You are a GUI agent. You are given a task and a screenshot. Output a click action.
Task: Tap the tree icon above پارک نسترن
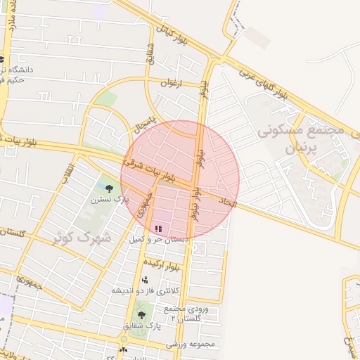pyautogui.click(x=108, y=188)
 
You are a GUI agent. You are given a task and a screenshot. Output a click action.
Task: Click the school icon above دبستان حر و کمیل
pyautogui.click(x=158, y=229)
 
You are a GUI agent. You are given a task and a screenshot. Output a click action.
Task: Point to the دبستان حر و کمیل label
pyautogui.click(x=157, y=240)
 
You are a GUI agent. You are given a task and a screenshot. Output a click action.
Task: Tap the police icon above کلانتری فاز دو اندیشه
pyautogui.click(x=145, y=281)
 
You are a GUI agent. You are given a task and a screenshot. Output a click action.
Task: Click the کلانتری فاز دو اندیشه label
pyautogui.click(x=146, y=290)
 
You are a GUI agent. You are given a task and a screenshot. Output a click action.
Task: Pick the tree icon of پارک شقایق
pyautogui.click(x=141, y=314)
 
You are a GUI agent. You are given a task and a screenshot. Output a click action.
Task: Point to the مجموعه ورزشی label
pyautogui.click(x=190, y=345)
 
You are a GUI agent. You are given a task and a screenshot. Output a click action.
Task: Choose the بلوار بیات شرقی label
pyautogui.click(x=149, y=170)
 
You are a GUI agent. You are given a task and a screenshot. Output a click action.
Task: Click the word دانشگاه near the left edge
pyautogui.click(x=27, y=70)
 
